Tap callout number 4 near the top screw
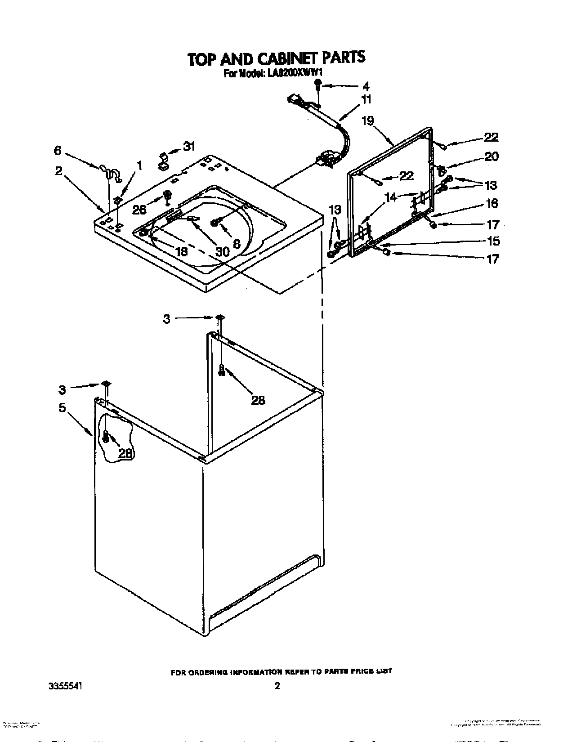point(366,86)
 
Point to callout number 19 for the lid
point(368,120)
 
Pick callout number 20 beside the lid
point(491,156)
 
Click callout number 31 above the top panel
point(189,146)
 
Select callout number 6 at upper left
point(58,151)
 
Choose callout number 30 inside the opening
point(222,252)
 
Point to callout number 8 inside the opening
point(236,242)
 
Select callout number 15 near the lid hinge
point(493,241)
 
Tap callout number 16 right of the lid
point(492,203)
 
